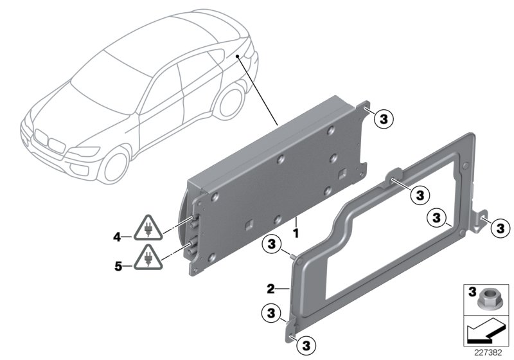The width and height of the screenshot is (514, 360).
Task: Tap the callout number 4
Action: pyautogui.click(x=118, y=237)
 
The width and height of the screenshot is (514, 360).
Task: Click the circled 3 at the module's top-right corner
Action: pyautogui.click(x=384, y=119)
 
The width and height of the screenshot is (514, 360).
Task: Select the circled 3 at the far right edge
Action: pyautogui.click(x=501, y=226)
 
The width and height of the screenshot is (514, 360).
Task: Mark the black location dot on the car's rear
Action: pyautogui.click(x=238, y=57)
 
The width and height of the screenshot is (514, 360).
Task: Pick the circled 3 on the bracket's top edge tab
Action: pyautogui.click(x=420, y=193)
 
